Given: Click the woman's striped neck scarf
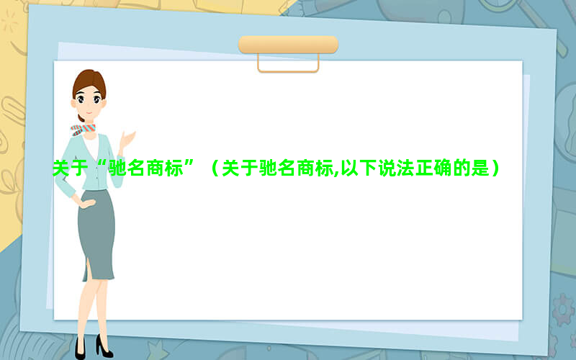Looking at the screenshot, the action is tap(83, 130).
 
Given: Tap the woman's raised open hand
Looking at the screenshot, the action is tap(127, 139).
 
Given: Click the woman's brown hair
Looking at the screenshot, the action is tap(89, 84).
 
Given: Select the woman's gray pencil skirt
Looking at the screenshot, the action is tap(96, 235).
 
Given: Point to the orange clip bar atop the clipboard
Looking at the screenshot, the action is tap(289, 45).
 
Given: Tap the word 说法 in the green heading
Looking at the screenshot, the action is tap(397, 168).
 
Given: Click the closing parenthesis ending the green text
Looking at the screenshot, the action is tap(495, 168).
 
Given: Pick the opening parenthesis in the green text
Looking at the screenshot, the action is tap(215, 168).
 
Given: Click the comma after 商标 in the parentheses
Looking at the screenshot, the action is tap(337, 174).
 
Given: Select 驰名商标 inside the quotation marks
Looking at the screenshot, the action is tap(146, 168).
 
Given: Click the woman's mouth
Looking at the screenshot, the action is tap(89, 112).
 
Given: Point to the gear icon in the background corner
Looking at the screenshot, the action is tap(563, 310).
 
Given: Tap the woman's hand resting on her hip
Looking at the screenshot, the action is tap(87, 202).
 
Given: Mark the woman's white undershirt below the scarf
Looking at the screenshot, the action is tap(91, 147).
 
